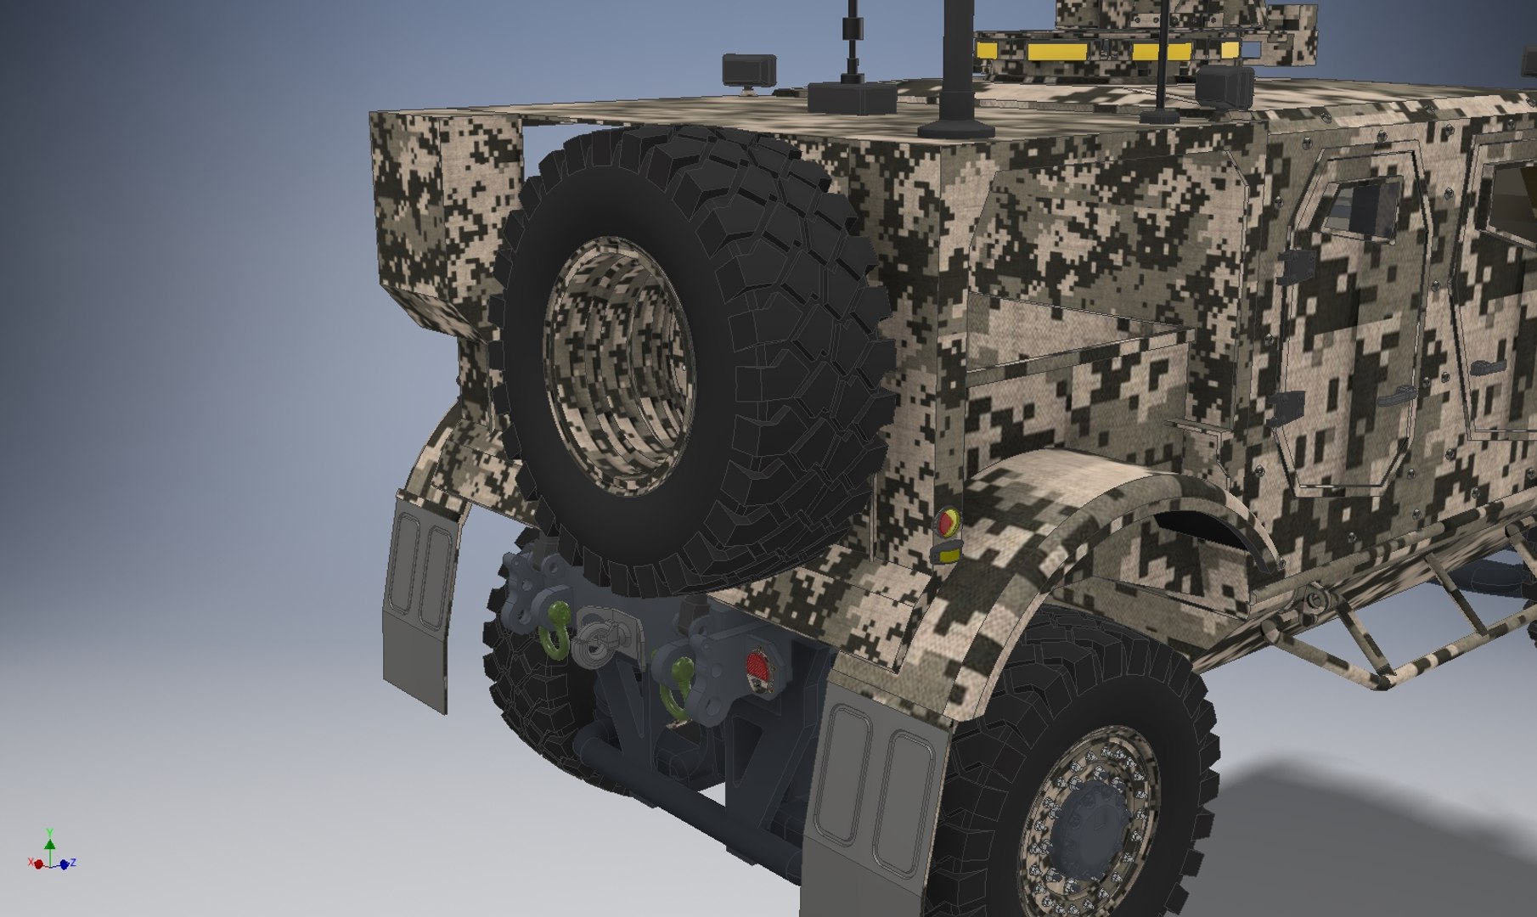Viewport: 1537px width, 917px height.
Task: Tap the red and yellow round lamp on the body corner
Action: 946,520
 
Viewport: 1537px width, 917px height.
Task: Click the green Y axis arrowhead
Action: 50,844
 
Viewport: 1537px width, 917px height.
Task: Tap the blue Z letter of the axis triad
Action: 73,863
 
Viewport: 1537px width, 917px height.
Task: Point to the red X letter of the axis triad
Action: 31,863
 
